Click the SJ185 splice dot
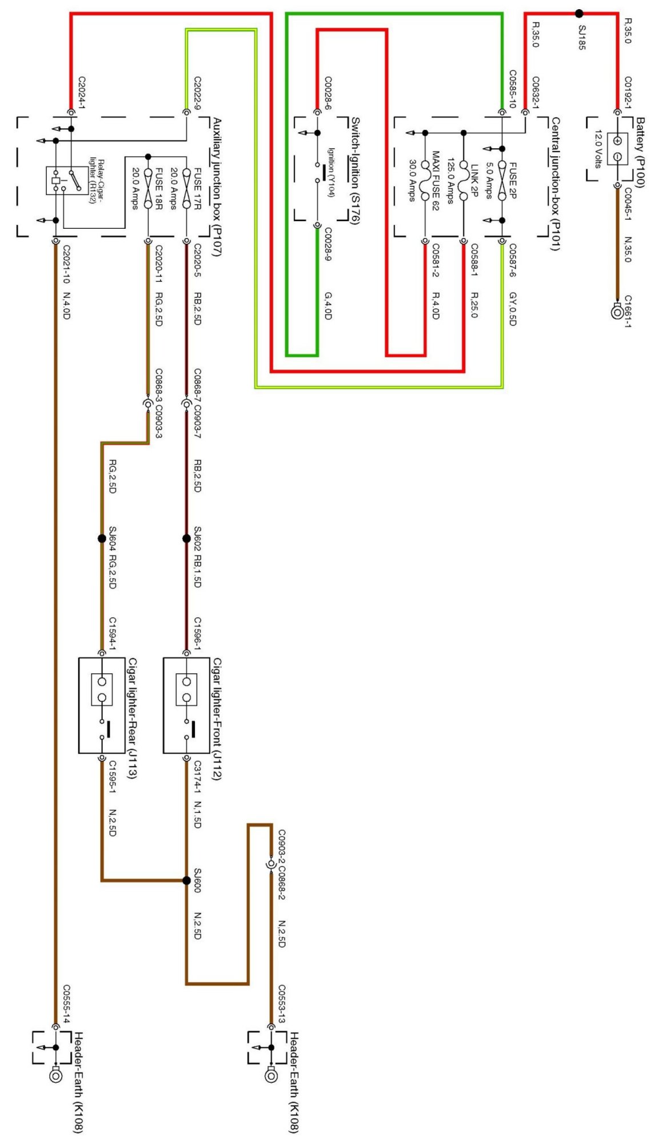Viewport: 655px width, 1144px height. pyautogui.click(x=579, y=14)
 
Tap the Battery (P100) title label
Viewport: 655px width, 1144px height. pyautogui.click(x=640, y=152)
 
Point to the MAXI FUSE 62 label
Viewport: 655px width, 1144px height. pyautogui.click(x=436, y=181)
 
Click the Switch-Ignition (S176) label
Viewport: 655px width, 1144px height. pyautogui.click(x=355, y=170)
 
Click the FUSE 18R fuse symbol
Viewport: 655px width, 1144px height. pyautogui.click(x=148, y=189)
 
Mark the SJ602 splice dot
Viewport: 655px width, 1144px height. pyautogui.click(x=186, y=538)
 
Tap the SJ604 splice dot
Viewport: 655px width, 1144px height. pyautogui.click(x=102, y=538)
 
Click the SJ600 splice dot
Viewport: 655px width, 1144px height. pyautogui.click(x=186, y=880)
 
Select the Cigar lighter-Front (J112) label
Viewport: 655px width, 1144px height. pyautogui.click(x=217, y=718)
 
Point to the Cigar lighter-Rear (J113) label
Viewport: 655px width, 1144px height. pyautogui.click(x=132, y=718)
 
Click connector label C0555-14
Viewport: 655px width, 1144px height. pyautogui.click(x=66, y=1004)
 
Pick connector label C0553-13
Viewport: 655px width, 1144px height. pyautogui.click(x=282, y=1004)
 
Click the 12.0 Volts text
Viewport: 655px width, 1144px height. pyautogui.click(x=598, y=149)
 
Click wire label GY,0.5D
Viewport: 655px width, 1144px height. pyautogui.click(x=513, y=309)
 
